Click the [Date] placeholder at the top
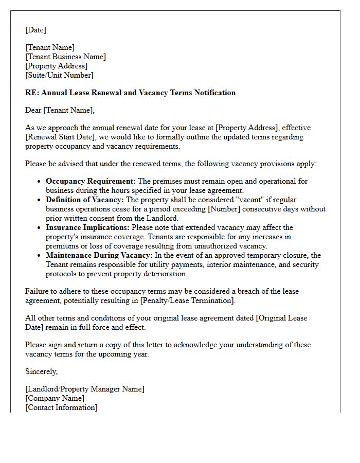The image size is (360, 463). point(35,30)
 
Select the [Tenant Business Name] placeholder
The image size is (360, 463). point(65,57)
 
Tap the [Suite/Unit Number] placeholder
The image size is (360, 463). point(59,75)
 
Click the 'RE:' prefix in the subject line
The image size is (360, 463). point(32,93)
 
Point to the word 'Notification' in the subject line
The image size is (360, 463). point(213,93)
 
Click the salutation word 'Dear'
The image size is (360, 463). point(33,110)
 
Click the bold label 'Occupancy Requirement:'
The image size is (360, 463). point(91,181)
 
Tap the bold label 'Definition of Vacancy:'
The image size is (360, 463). point(85,200)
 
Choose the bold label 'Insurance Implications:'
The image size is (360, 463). point(88,227)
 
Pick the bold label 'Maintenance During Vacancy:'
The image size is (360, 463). point(99,255)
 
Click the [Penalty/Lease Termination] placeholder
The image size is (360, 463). point(190,300)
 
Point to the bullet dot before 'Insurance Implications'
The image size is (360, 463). point(40,228)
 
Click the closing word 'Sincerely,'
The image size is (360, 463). point(42,371)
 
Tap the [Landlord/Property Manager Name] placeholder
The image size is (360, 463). point(85,389)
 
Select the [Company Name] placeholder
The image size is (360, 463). point(55,398)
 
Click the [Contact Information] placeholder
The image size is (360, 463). point(61,407)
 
